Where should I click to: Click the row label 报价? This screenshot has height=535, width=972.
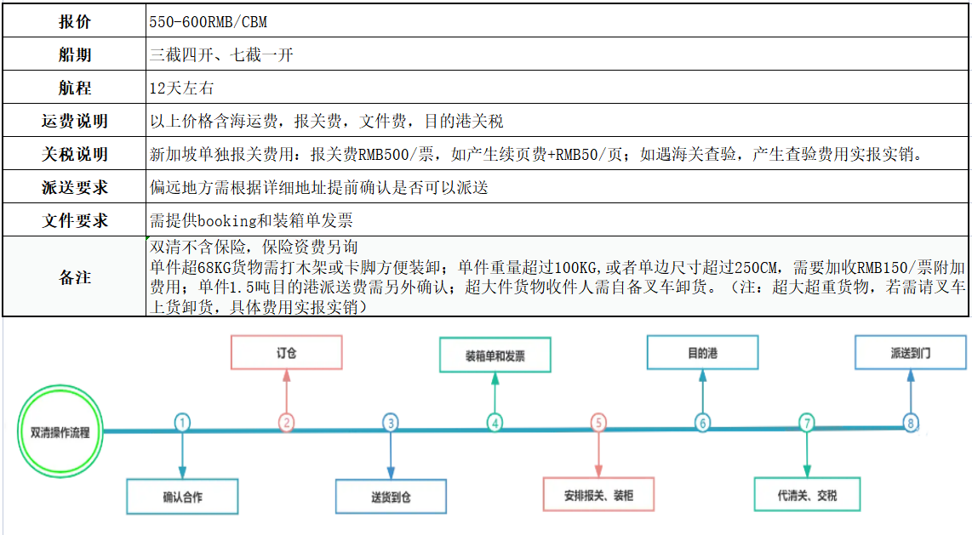coord(74,21)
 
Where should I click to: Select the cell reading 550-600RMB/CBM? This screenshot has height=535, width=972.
coord(209,22)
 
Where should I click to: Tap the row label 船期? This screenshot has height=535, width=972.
coord(74,54)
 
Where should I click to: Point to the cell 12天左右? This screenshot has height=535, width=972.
coord(181,88)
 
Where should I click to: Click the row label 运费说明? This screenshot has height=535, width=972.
coord(74,121)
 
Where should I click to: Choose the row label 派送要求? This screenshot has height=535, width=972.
coord(74,187)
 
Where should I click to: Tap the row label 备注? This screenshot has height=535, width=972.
coord(74,276)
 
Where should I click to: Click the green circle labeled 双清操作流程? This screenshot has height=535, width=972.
coord(60,431)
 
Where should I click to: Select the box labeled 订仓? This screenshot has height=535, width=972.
coord(286,352)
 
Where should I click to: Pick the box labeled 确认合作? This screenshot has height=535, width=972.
coord(182,497)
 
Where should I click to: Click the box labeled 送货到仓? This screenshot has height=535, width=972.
coord(391,497)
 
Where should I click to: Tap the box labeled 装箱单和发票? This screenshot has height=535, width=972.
coord(495,355)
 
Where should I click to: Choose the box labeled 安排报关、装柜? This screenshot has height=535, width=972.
coord(599,494)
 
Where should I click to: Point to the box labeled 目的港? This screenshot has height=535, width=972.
coord(702,352)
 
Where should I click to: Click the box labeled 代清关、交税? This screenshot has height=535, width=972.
coord(807,494)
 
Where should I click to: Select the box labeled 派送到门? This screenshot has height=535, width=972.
coord(911,352)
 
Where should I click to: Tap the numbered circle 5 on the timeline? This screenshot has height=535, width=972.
coord(598,423)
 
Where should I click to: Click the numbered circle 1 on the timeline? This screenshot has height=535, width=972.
coord(182,423)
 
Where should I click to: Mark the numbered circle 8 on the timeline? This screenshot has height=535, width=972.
coord(911,423)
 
